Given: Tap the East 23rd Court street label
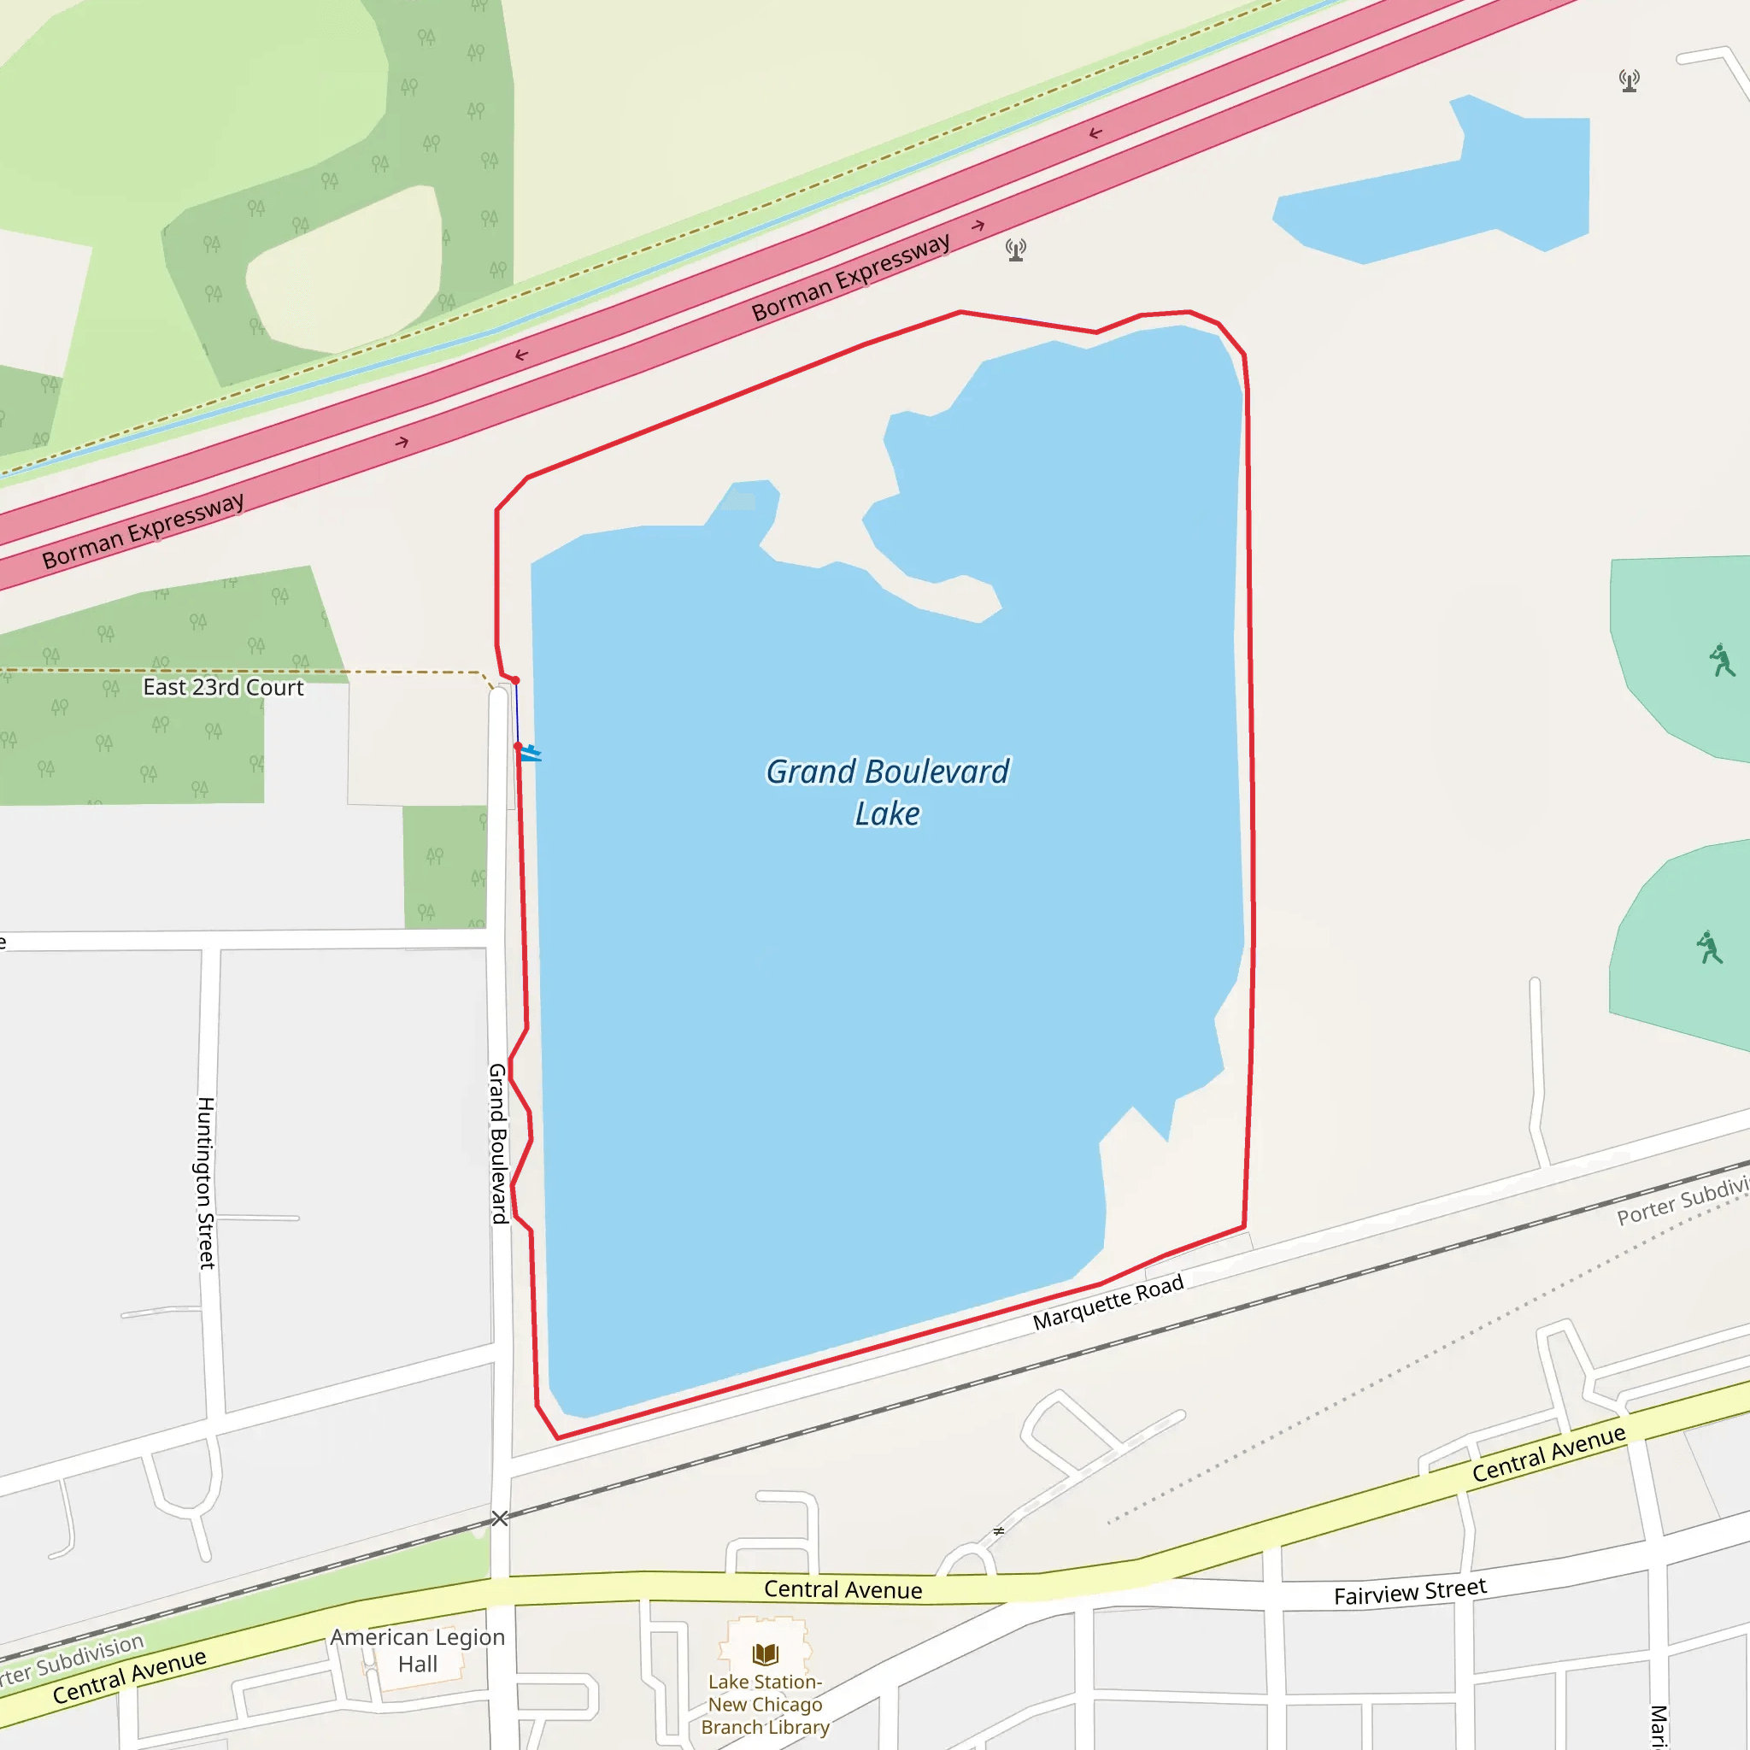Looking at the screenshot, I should click(x=223, y=688).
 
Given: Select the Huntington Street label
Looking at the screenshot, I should click(x=207, y=1182).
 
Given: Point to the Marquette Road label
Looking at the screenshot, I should click(x=1107, y=1301).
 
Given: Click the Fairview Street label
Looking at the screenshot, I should click(x=1409, y=1591).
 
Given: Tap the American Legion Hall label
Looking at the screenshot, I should click(x=418, y=1650).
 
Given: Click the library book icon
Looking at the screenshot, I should click(x=766, y=1654).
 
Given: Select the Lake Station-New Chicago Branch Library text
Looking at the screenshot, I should click(x=766, y=1704).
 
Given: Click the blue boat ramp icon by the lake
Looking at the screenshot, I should click(x=531, y=753).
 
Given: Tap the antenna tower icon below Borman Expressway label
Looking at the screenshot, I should click(x=1016, y=250).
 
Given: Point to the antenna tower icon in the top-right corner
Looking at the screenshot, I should click(x=1630, y=80).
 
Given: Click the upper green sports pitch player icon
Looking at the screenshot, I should click(x=1721, y=661).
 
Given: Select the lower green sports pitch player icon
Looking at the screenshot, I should click(x=1709, y=948).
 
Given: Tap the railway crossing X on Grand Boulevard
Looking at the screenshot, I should click(x=500, y=1518).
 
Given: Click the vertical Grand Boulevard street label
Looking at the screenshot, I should click(x=498, y=1143).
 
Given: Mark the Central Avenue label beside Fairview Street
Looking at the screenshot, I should click(x=1548, y=1453).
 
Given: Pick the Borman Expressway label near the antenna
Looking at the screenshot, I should click(x=850, y=276).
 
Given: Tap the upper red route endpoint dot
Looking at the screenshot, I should click(x=515, y=680).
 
